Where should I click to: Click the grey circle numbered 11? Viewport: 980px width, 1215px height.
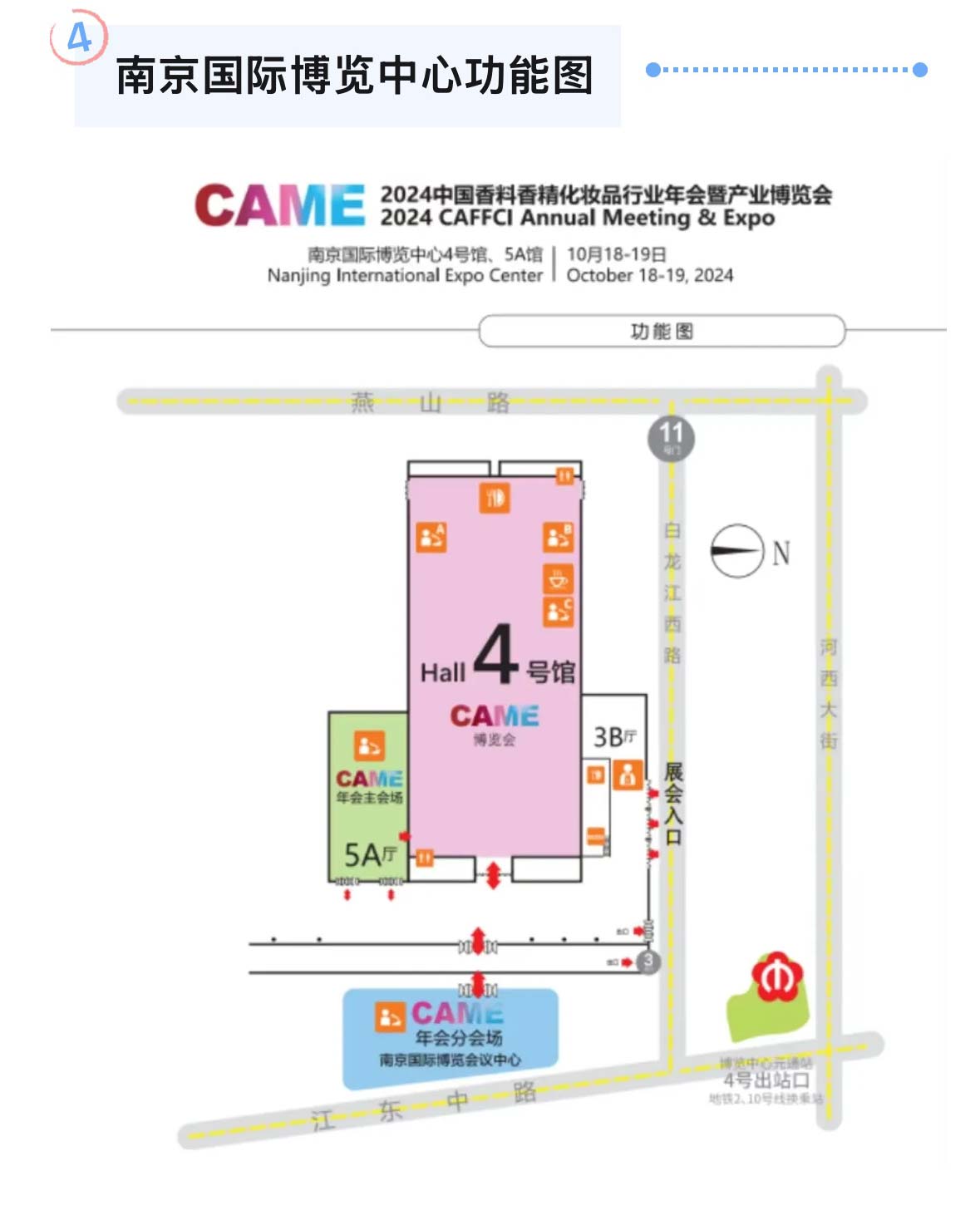671,437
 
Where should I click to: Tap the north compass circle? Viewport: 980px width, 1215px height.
736,551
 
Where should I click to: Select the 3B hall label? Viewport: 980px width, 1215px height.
614,737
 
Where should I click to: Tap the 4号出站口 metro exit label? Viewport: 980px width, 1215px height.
766,1080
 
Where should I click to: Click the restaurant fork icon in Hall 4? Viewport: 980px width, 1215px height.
495,498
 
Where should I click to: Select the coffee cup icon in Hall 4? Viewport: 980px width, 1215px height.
558,578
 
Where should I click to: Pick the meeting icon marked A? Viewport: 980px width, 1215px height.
431,537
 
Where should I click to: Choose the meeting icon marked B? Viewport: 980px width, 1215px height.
558,537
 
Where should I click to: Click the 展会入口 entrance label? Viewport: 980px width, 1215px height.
673,804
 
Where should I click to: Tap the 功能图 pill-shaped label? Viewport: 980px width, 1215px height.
662,332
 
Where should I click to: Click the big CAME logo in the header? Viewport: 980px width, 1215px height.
280,205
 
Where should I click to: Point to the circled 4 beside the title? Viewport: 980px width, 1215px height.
79,37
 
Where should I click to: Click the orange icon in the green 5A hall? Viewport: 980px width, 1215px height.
369,745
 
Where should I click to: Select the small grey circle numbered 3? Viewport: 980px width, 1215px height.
648,962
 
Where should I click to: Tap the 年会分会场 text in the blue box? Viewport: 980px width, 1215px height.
459,1037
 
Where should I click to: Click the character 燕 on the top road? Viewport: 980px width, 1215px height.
362,403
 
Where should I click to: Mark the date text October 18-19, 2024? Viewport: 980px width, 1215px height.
650,275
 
